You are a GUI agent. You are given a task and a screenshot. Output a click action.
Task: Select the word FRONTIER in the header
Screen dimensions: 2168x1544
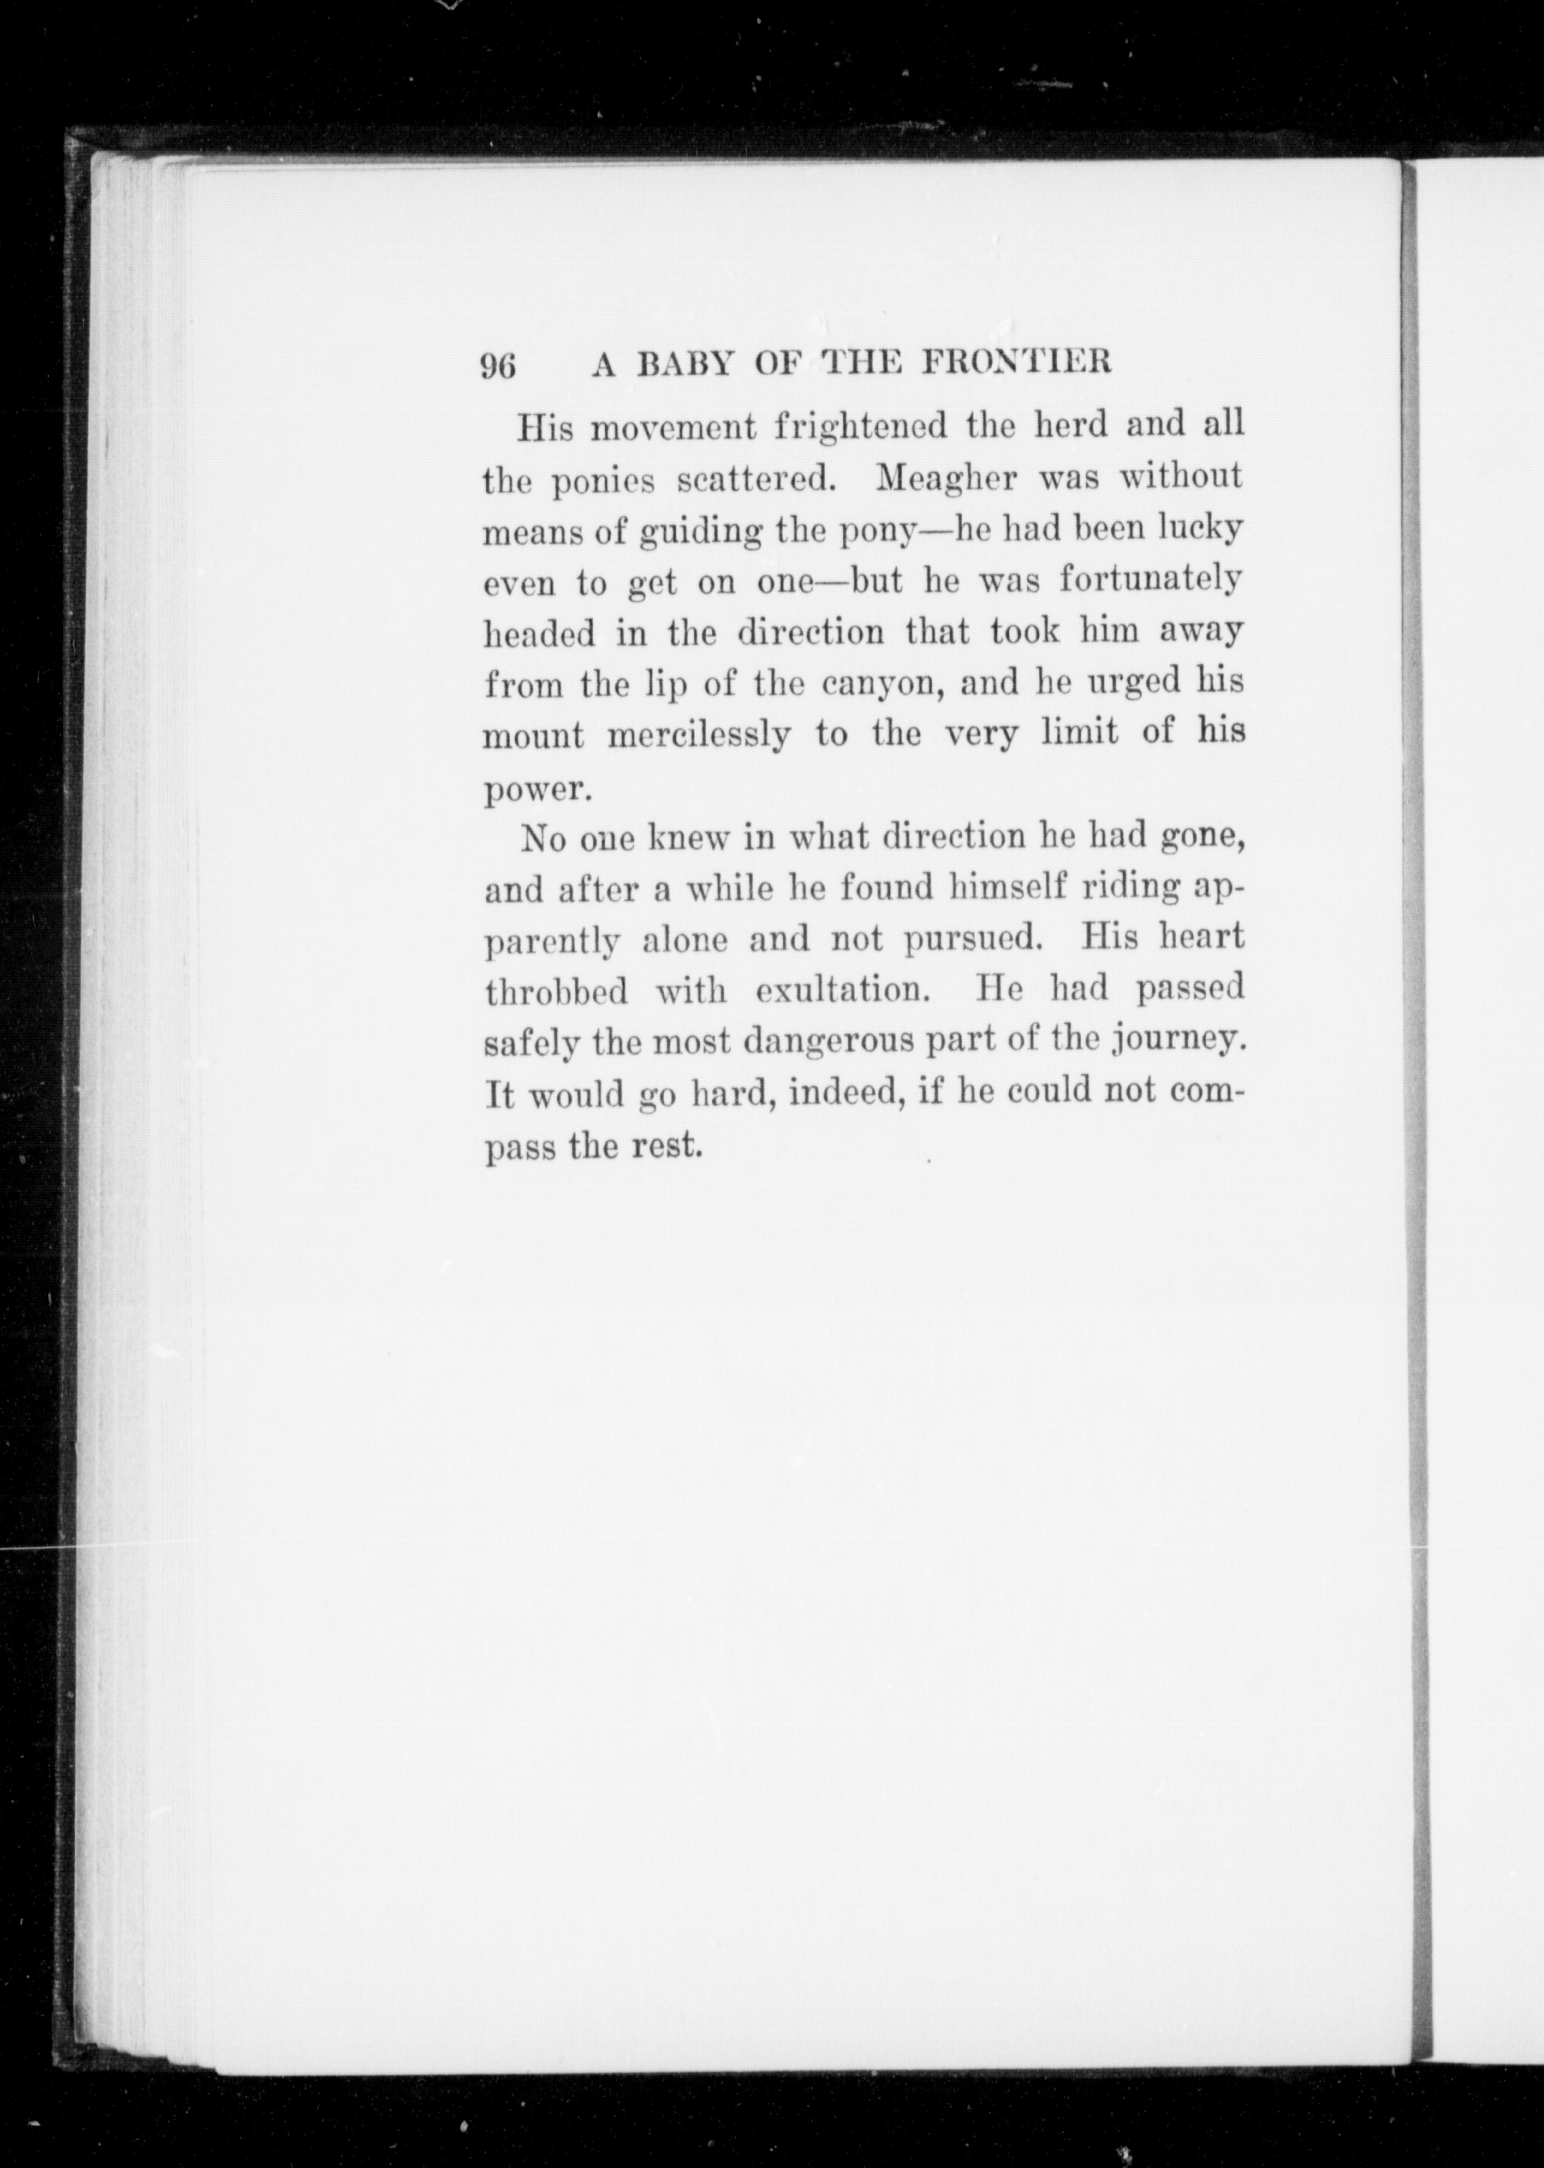pos(1019,364)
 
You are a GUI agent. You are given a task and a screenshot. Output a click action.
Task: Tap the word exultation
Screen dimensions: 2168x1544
pos(842,992)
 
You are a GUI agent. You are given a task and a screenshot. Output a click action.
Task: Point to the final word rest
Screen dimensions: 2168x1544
pos(667,1147)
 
